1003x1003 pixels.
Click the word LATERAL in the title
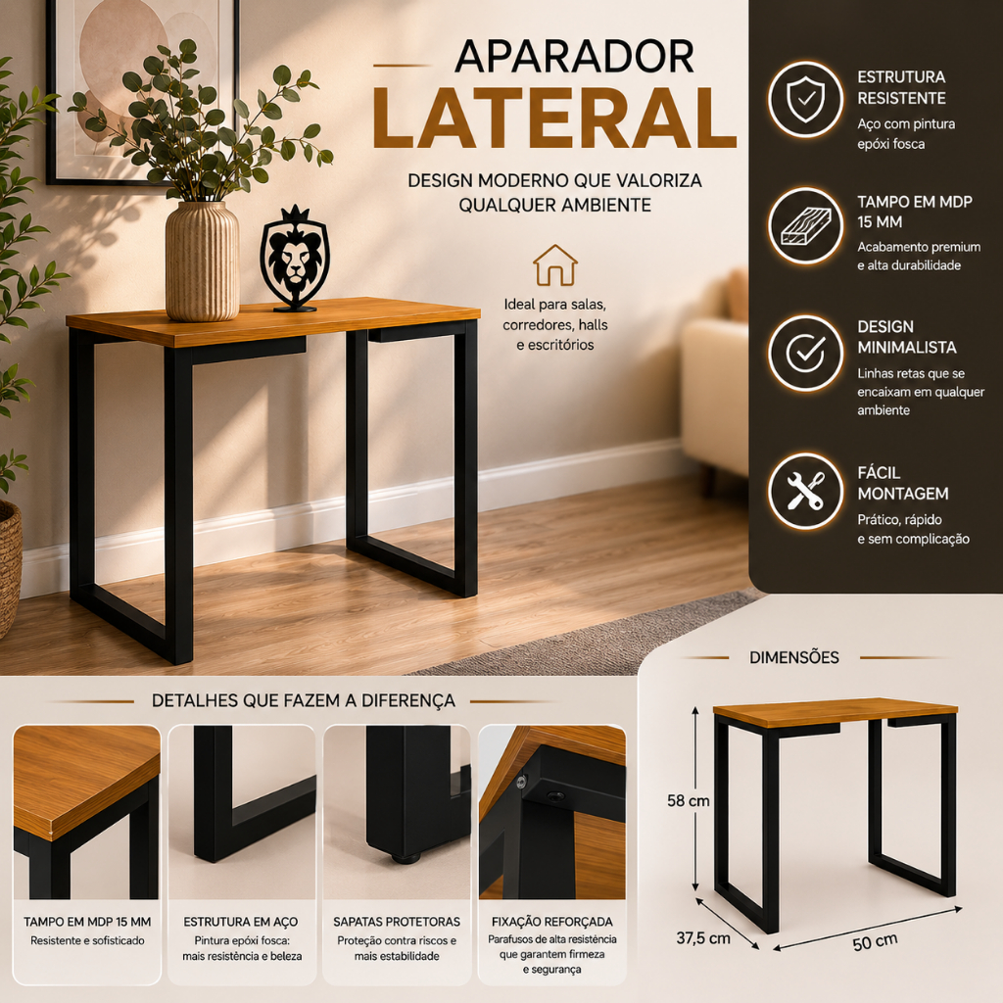[x=554, y=119]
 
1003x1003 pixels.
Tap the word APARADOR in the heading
[x=574, y=57]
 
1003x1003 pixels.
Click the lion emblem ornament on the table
[x=295, y=259]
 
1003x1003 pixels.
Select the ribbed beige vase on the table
[x=202, y=261]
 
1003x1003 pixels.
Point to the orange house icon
[x=555, y=265]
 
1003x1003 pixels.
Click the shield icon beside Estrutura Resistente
[x=805, y=99]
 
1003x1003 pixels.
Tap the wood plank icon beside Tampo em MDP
[x=805, y=226]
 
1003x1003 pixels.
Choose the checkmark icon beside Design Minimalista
[x=805, y=353]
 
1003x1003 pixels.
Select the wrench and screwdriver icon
[x=805, y=491]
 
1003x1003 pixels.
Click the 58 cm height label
[x=689, y=801]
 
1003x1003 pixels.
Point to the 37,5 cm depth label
[x=703, y=938]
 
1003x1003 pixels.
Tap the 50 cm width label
[x=875, y=942]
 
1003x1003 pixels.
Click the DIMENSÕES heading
[x=793, y=657]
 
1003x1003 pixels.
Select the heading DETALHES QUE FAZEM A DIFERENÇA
[x=304, y=700]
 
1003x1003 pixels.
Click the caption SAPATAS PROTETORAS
[x=397, y=922]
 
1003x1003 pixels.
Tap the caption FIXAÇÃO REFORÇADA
[x=552, y=922]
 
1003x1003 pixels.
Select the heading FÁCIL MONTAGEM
[x=902, y=483]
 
